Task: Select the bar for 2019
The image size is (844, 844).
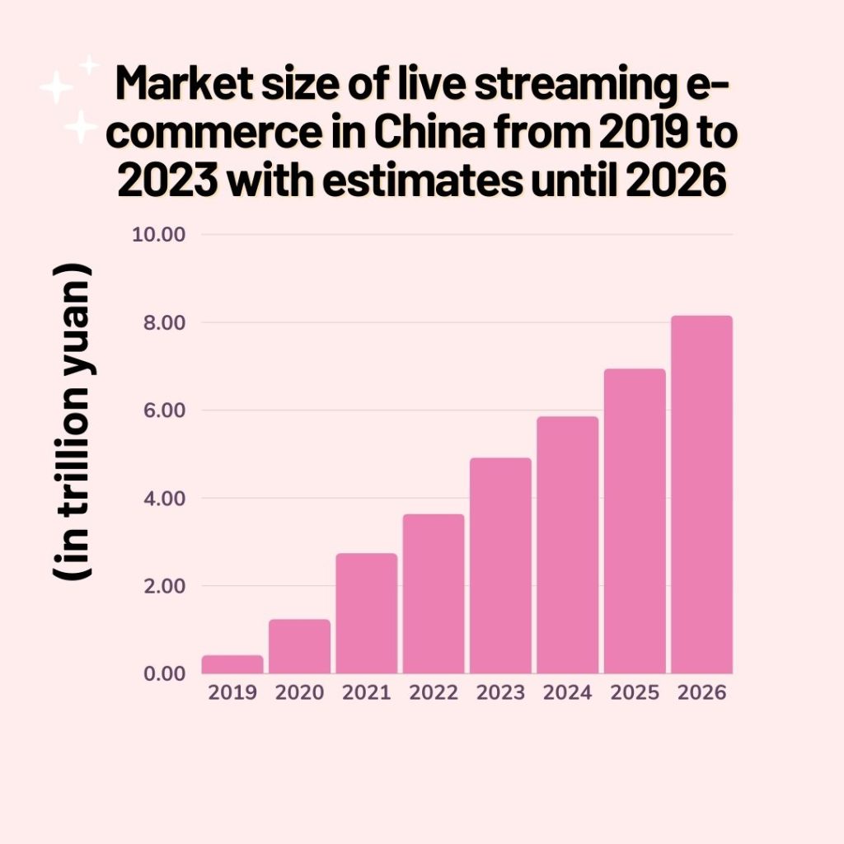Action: pos(232,664)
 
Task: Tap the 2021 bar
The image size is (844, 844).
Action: pos(367,613)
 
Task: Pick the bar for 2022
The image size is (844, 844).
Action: pos(434,593)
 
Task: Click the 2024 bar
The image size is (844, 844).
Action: pos(567,545)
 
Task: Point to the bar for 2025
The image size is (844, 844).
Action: pos(635,521)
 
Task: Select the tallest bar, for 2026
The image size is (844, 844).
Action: pos(701,495)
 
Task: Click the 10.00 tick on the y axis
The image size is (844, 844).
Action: pos(158,234)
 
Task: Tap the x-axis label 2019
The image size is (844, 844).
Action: pos(232,692)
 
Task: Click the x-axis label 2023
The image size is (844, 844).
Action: pos(500,692)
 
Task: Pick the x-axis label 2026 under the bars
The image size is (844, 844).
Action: pos(701,692)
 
